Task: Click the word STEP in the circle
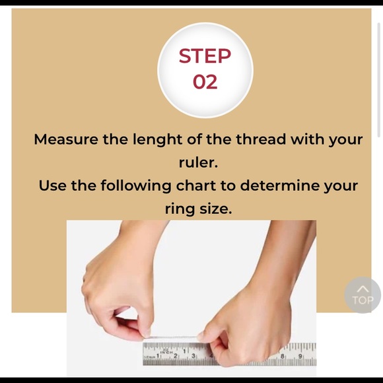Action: click(205, 55)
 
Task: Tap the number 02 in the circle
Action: click(205, 82)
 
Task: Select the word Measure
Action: click(66, 139)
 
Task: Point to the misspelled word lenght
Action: click(157, 140)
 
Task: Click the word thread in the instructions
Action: click(261, 139)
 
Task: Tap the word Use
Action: click(53, 186)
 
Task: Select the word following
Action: click(136, 186)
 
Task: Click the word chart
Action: click(196, 186)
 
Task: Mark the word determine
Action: click(280, 186)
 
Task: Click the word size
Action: click(215, 209)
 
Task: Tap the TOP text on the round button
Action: click(363, 300)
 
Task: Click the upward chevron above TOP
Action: click(363, 289)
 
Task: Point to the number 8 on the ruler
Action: click(283, 357)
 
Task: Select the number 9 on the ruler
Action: click(300, 357)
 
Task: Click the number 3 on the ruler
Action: click(193, 356)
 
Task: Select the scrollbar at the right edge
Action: click(379, 80)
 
